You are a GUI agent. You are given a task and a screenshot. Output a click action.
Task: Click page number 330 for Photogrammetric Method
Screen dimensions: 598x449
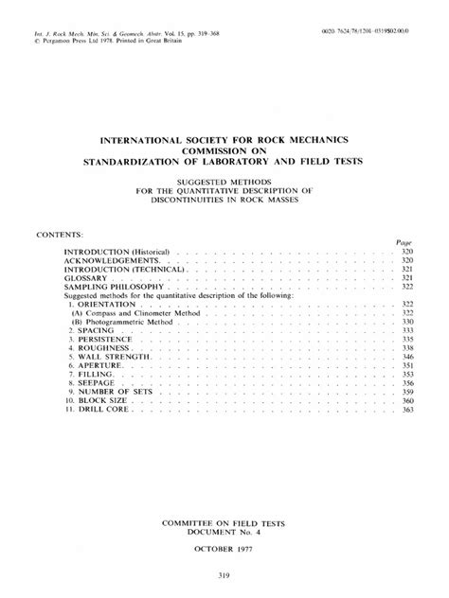click(408, 322)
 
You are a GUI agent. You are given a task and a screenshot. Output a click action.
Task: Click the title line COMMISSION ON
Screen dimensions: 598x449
click(224, 152)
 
